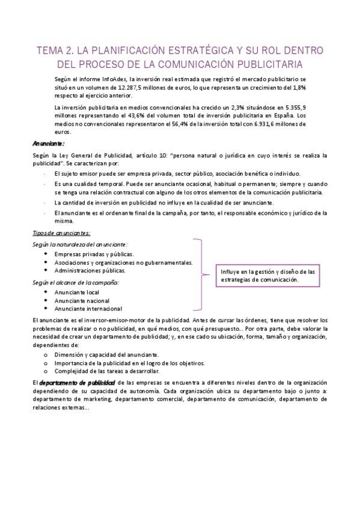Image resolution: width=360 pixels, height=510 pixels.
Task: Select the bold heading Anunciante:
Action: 48,144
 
